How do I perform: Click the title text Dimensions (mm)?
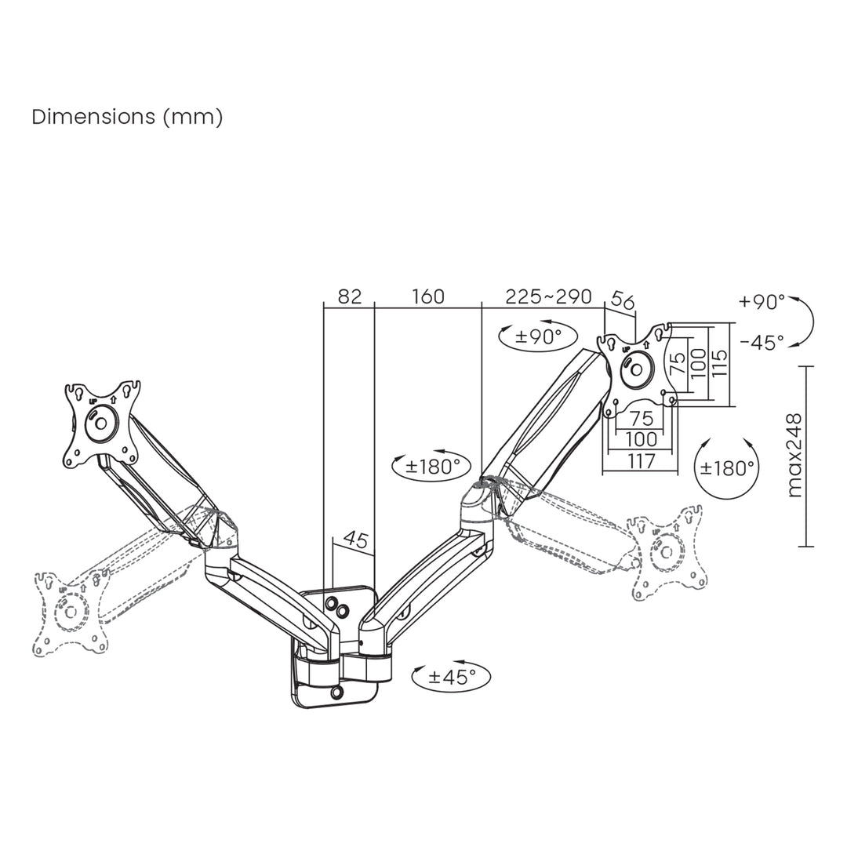127,118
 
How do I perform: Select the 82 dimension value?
349,296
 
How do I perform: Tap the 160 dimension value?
427,296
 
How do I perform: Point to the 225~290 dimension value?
548,296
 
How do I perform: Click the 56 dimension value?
622,301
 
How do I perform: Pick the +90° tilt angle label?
761,302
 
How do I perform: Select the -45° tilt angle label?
761,343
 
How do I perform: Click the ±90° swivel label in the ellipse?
538,337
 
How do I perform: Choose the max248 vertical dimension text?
794,456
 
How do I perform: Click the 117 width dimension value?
641,462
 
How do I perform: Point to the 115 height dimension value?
719,364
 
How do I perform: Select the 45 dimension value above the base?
356,540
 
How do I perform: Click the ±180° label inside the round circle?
727,468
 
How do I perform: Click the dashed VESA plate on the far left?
71,612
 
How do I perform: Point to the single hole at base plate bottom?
337,693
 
